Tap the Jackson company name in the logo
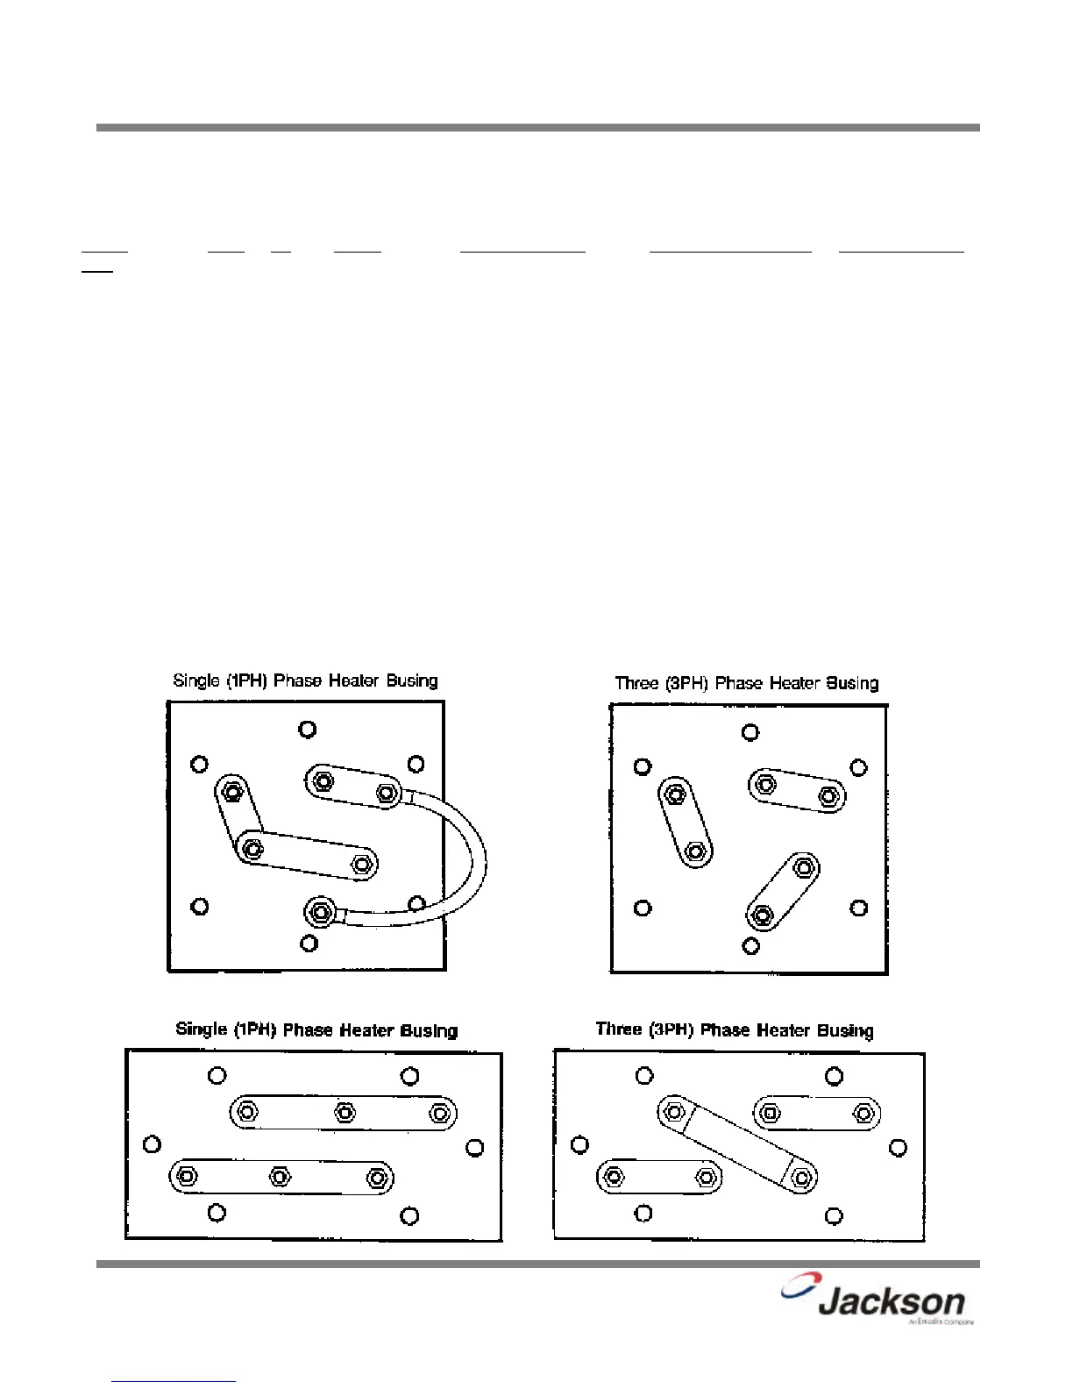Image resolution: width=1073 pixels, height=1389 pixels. tap(892, 1302)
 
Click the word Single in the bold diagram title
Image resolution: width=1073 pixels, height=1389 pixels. tap(202, 1029)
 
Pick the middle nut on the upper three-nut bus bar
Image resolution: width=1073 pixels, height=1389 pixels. tap(345, 1113)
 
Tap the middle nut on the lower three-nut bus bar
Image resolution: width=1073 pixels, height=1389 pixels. tap(280, 1176)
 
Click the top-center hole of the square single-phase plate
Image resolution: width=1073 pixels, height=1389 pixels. tap(307, 729)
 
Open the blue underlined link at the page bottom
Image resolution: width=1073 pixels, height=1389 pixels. tap(174, 1380)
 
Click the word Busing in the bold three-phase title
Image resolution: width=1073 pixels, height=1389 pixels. tap(844, 1030)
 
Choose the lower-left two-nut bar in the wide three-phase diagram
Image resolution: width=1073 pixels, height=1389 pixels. tap(659, 1177)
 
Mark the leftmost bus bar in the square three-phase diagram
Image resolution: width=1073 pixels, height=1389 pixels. tap(685, 823)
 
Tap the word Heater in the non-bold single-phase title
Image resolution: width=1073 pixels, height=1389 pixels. tap(353, 681)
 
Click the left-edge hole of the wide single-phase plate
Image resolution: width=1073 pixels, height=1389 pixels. tap(152, 1144)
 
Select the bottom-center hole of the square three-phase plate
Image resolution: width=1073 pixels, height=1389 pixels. tap(750, 945)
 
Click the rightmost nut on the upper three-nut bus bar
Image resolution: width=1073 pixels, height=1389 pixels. tap(439, 1113)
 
